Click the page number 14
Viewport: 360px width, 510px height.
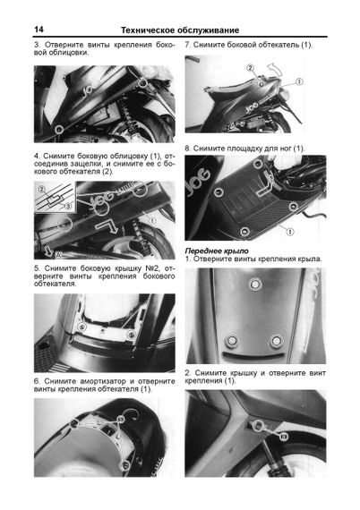tap(39, 30)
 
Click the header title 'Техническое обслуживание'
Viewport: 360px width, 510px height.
tap(180, 30)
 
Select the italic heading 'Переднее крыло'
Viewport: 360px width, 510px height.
tap(217, 251)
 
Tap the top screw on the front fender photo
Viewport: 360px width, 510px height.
tap(255, 284)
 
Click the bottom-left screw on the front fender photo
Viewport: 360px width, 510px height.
tap(231, 341)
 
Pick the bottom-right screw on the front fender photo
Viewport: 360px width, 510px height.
tap(276, 341)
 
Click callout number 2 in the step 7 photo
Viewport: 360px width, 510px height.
tap(250, 68)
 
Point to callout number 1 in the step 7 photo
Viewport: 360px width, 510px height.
tap(299, 81)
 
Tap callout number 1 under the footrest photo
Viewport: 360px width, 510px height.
tap(289, 232)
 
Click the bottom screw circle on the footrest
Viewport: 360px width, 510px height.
tap(244, 232)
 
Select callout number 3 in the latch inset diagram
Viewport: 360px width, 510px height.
tap(68, 206)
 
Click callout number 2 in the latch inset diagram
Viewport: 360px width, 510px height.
tap(42, 190)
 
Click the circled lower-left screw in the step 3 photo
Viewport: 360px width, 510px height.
tap(59, 130)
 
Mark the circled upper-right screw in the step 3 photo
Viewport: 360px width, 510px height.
tap(141, 83)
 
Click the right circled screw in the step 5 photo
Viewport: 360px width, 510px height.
tap(132, 334)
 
